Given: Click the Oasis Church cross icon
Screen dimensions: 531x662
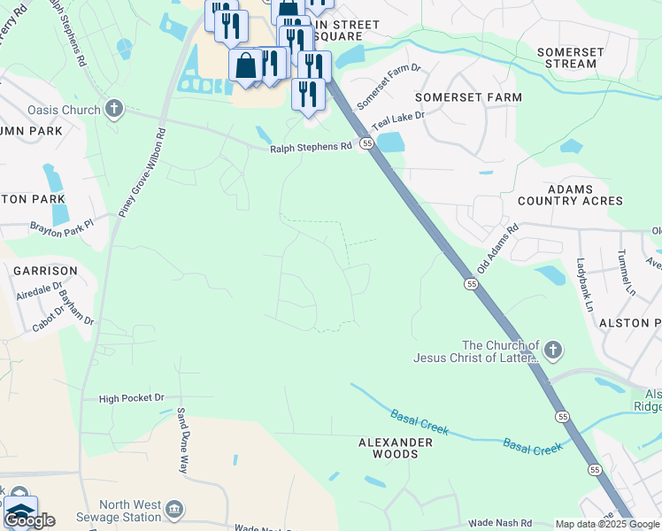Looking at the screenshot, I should pyautogui.click(x=113, y=109).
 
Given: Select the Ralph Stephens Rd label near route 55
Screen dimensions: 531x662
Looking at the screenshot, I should pyautogui.click(x=311, y=148).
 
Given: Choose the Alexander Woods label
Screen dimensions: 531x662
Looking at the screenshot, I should pyautogui.click(x=395, y=448).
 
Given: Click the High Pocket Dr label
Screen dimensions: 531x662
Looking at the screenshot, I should pyautogui.click(x=132, y=399).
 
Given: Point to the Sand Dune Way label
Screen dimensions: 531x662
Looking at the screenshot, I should pyautogui.click(x=182, y=441).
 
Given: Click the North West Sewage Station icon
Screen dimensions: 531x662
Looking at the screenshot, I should pyautogui.click(x=175, y=509).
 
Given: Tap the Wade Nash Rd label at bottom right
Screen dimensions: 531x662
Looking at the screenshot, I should pyautogui.click(x=500, y=523).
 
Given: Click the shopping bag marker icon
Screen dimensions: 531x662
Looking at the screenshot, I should pyautogui.click(x=245, y=65).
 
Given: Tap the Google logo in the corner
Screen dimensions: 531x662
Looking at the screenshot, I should pyautogui.click(x=28, y=520).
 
